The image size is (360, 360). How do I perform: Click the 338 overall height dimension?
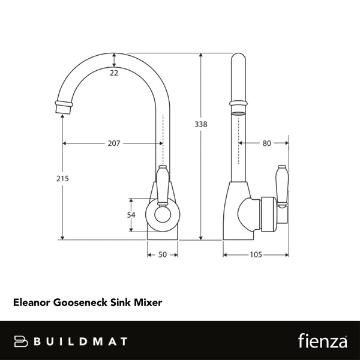pyautogui.click(x=201, y=124)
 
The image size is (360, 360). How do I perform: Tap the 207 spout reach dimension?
pyautogui.click(x=113, y=143)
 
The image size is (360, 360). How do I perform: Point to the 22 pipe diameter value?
pyautogui.click(x=114, y=73)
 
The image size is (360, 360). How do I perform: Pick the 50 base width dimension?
pyautogui.click(x=162, y=255)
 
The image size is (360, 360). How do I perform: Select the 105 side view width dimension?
pyautogui.click(x=256, y=255)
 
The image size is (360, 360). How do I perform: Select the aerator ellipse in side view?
pyautogui.click(x=238, y=112)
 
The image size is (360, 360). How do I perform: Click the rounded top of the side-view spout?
pyautogui.click(x=238, y=60)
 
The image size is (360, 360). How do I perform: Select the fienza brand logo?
pyautogui.click(x=322, y=340)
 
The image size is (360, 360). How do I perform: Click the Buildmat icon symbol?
pyautogui.click(x=22, y=341)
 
